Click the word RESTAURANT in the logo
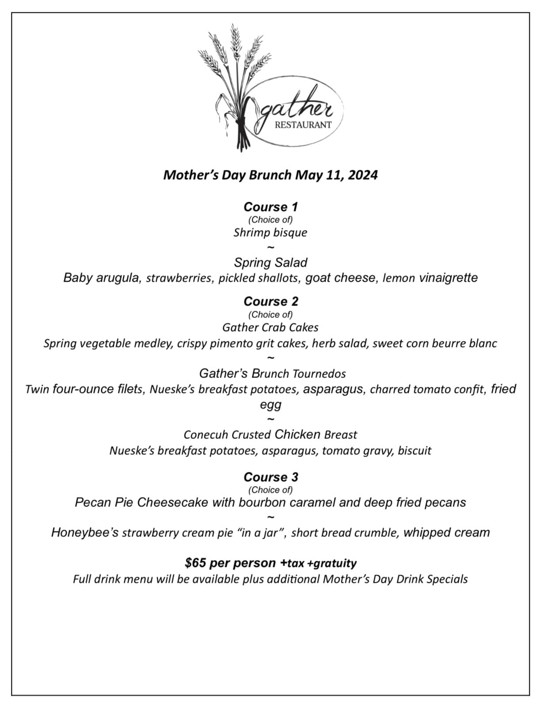[x=303, y=125]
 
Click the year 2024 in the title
[x=362, y=175]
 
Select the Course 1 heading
[x=270, y=207]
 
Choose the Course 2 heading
[x=270, y=301]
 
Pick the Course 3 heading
[x=270, y=477]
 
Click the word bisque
[x=290, y=233]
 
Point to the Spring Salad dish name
[x=270, y=262]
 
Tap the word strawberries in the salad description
[x=179, y=278]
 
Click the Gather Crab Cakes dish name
[x=270, y=327]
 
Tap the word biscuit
[x=415, y=451]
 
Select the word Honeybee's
[x=84, y=532]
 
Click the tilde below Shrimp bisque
[x=271, y=247]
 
